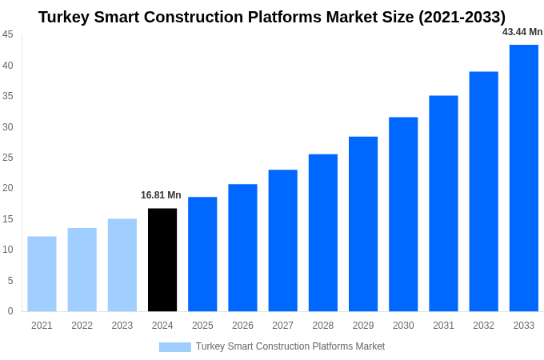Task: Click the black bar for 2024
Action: pos(162,260)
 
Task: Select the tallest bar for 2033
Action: pos(524,178)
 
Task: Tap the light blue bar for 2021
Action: pos(42,274)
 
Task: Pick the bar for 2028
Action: pos(323,233)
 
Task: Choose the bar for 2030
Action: pos(403,214)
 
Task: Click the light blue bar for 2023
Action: pos(122,265)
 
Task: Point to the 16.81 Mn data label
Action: pos(161,195)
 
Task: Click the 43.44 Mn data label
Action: pos(522,32)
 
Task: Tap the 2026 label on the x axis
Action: pos(242,326)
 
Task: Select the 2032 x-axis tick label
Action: pos(483,326)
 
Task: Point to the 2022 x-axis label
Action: pos(82,326)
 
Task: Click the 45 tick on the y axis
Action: pos(7,34)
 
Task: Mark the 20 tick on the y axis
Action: pos(7,188)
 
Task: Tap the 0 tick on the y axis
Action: pos(10,311)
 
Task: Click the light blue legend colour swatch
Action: pos(174,347)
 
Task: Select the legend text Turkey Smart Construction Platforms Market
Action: pos(290,346)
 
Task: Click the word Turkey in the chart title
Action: pos(66,17)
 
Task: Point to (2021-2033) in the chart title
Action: pos(455,17)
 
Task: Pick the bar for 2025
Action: pos(202,254)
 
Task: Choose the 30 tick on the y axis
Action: pos(7,126)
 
